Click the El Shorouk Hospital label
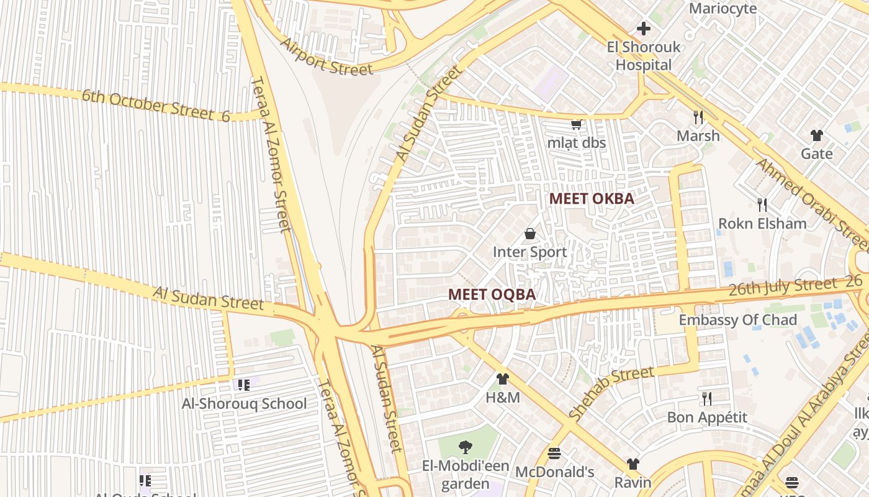(643, 56)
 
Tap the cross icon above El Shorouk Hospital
(644, 28)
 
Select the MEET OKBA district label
(592, 199)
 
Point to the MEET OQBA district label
(492, 294)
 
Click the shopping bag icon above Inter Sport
(530, 234)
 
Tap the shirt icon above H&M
(503, 379)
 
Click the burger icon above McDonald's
(554, 454)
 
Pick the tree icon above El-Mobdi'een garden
(465, 447)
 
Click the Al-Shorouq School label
(244, 404)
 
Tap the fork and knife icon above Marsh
(698, 117)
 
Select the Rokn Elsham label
(762, 224)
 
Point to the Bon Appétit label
(707, 417)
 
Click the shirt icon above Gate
(816, 135)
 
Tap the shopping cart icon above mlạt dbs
(576, 124)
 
